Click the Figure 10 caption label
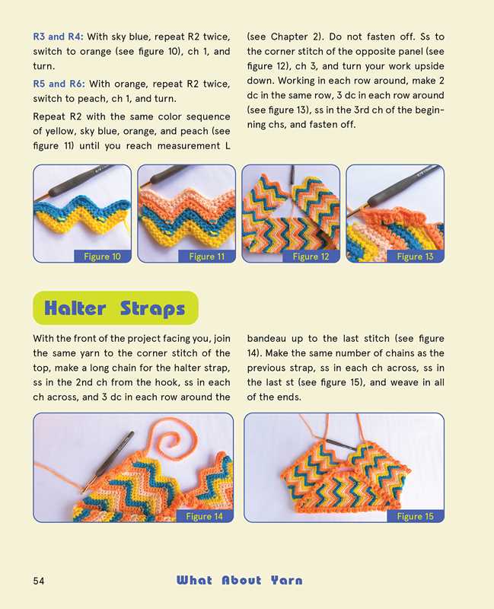(102, 257)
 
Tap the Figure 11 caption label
(206, 257)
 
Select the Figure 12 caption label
(311, 257)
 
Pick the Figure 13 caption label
(415, 257)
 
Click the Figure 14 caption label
(204, 516)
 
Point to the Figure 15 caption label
(415, 516)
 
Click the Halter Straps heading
(115, 308)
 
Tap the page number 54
(40, 581)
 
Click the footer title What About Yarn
(239, 581)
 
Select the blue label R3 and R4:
(59, 37)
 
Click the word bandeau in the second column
(269, 337)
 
